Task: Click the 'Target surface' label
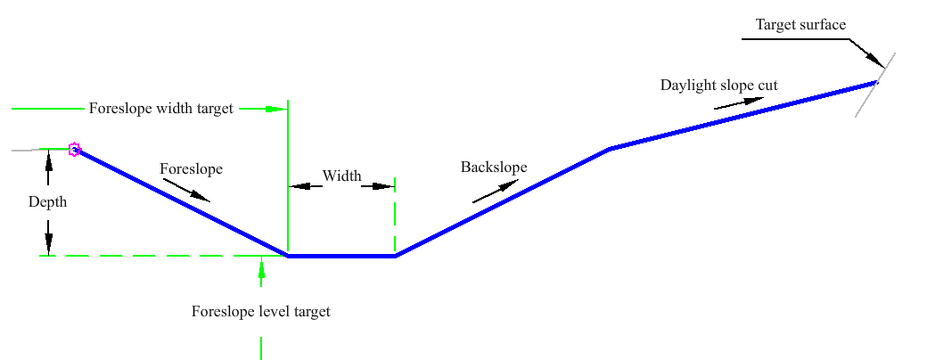801,24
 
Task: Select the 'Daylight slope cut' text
719,86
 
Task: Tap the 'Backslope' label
494,168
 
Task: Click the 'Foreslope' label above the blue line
191,169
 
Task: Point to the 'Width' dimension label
341,176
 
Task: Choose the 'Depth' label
48,202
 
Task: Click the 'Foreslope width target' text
161,109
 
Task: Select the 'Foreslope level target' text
260,312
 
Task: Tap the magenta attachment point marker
74,149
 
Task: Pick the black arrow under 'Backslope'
496,192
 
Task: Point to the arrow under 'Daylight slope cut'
739,102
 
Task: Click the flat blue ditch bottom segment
341,256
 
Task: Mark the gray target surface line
875,86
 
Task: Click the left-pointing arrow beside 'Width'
305,186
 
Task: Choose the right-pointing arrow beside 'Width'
378,186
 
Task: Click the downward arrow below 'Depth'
48,238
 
